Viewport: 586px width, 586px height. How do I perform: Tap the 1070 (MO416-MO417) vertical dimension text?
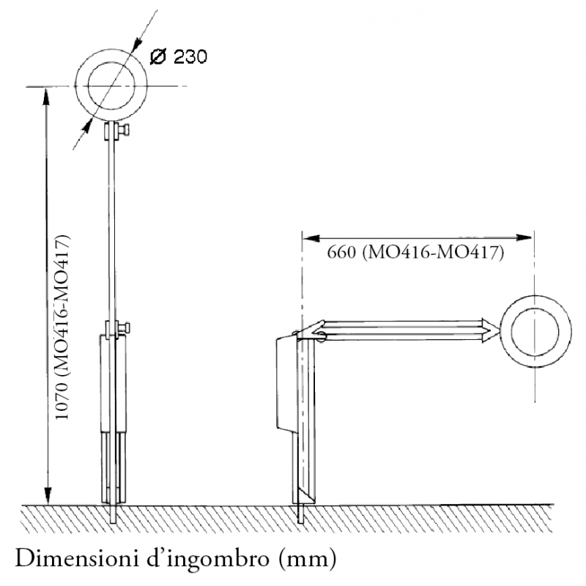[64, 327]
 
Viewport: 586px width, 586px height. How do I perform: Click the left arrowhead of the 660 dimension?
[308, 237]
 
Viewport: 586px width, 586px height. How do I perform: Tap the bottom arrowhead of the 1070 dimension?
[47, 499]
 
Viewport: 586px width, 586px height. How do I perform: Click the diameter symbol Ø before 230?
[156, 57]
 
